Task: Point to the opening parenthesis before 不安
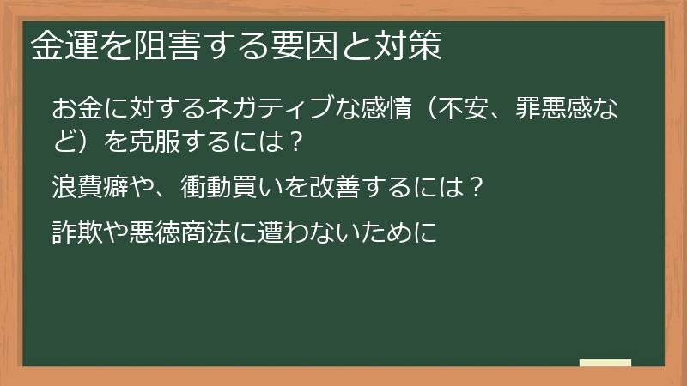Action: pyautogui.click(x=434, y=110)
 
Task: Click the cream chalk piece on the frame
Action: pyautogui.click(x=605, y=364)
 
